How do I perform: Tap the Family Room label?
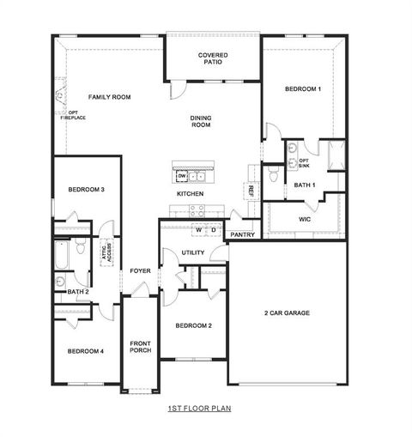pyautogui.click(x=109, y=97)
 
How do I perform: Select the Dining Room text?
pyautogui.click(x=200, y=122)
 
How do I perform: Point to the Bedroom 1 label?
pyautogui.click(x=303, y=89)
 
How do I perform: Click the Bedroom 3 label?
pyautogui.click(x=86, y=189)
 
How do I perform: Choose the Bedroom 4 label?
pyautogui.click(x=86, y=351)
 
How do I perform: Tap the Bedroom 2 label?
pyautogui.click(x=193, y=326)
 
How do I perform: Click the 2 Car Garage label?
pyautogui.click(x=287, y=313)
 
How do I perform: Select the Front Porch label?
pyautogui.click(x=141, y=347)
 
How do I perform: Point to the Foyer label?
pyautogui.click(x=140, y=271)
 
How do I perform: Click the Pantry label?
pyautogui.click(x=242, y=234)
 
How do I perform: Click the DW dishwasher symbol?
pyautogui.click(x=182, y=176)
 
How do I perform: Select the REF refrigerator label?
pyautogui.click(x=251, y=190)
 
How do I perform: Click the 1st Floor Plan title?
pyautogui.click(x=199, y=410)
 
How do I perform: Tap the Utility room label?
pyautogui.click(x=192, y=252)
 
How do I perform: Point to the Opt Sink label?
pyautogui.click(x=304, y=162)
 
